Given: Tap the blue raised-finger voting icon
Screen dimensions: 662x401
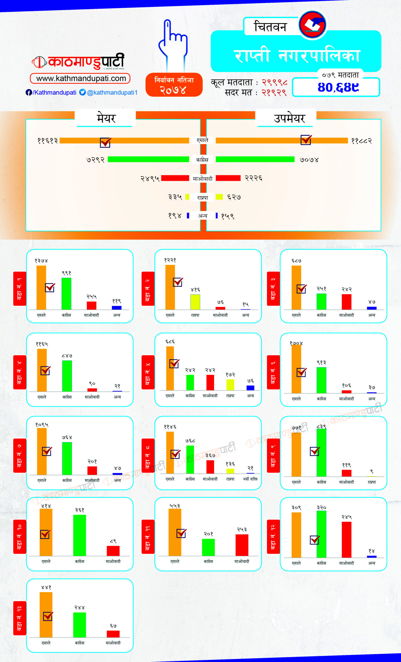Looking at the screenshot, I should (x=173, y=44).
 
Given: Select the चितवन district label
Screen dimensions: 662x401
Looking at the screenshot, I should (x=270, y=27).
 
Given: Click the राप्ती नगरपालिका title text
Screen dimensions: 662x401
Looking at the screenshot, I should (x=297, y=56).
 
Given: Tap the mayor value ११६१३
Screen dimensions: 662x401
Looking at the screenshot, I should (x=48, y=141).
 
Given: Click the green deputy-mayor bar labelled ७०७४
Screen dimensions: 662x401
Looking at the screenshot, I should (x=255, y=159).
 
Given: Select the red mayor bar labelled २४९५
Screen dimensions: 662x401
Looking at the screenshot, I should (x=175, y=178).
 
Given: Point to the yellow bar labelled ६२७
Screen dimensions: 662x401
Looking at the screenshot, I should (x=219, y=197).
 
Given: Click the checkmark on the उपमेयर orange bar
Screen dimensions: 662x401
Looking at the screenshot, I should (x=306, y=140).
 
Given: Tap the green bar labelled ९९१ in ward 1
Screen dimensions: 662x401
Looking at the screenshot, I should (x=66, y=294).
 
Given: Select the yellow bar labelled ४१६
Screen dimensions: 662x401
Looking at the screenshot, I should (x=195, y=302).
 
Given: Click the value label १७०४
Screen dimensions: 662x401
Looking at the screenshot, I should (x=296, y=343).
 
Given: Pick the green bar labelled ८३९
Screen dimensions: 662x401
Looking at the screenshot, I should (x=321, y=453).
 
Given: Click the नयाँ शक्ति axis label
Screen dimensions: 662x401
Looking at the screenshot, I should (x=250, y=479).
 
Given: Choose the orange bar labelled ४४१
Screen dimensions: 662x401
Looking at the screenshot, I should (x=46, y=615).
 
